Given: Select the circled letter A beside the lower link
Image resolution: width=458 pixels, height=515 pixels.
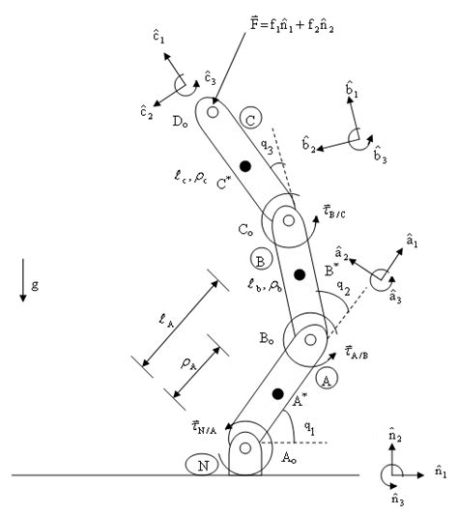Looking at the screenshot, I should [327, 382].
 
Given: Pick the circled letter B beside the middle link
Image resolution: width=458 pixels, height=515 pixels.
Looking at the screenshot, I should [259, 260].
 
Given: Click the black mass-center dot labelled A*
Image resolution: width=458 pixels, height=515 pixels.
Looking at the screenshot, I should [277, 394].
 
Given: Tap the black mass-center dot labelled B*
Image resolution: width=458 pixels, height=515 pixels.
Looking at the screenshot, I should [300, 276].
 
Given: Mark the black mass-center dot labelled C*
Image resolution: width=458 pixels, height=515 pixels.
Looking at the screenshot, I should [245, 167].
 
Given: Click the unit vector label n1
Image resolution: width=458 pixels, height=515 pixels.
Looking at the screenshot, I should [440, 473].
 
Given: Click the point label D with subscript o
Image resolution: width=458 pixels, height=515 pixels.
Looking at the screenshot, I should [181, 122].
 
